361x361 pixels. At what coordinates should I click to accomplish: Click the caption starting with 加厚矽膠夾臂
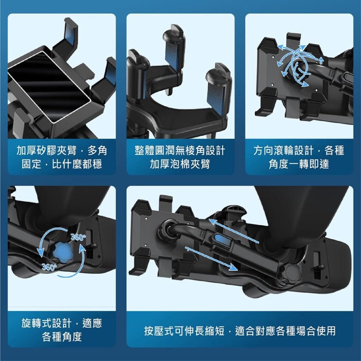[x=61, y=157]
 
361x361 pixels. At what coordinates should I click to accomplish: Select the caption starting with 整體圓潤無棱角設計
[x=180, y=157]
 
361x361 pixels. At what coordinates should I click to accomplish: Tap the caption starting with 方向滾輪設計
[x=299, y=157]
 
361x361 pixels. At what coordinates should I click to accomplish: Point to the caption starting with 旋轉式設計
[x=61, y=330]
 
